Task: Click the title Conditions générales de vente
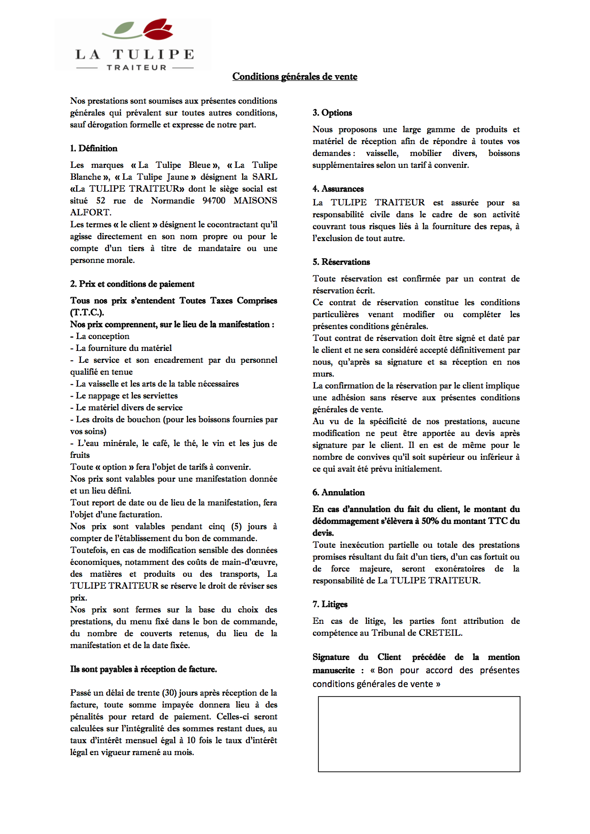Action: click(295, 77)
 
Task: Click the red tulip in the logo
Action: click(158, 29)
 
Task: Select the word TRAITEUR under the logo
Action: click(136, 68)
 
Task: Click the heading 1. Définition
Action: click(94, 148)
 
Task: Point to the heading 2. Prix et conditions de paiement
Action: click(132, 284)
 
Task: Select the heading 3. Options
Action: click(332, 113)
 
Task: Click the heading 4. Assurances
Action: click(338, 189)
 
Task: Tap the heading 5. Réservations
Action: click(341, 262)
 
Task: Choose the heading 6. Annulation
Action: click(338, 493)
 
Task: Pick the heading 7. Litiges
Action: click(330, 604)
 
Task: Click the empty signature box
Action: click(419, 734)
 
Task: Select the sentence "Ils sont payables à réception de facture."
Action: click(143, 669)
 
